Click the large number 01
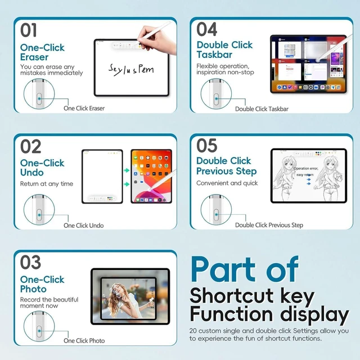point(29,30)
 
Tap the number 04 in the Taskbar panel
point(206,29)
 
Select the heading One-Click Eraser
point(43,52)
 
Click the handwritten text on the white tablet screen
point(131,70)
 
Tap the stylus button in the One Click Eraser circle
point(39,98)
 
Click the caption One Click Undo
point(84,226)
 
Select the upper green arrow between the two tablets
point(127,170)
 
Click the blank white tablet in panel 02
point(102,176)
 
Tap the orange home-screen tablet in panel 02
point(151,176)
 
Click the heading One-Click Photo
point(42,284)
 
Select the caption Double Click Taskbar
point(262,109)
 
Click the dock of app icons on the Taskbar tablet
point(308,87)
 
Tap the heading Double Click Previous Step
point(226,166)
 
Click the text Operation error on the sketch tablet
point(306,168)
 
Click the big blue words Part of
point(245,269)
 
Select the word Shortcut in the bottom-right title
point(232,295)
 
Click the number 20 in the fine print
point(193,331)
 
